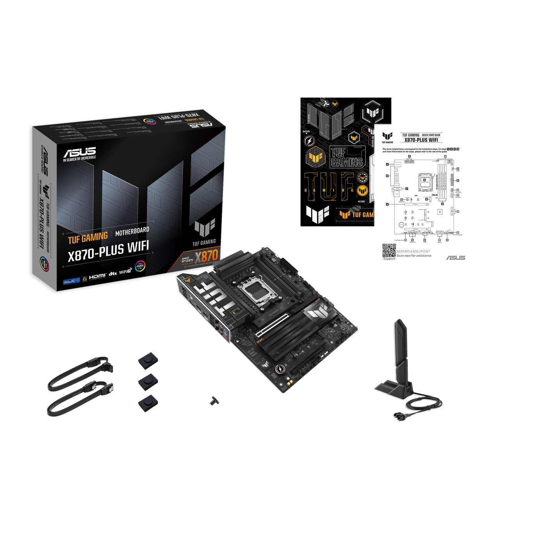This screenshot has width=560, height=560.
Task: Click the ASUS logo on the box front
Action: pos(79,152)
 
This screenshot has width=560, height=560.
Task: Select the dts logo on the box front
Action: pos(112,274)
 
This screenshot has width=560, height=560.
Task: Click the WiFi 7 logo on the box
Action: pos(125,272)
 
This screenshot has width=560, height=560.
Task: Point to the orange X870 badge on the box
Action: pos(206,256)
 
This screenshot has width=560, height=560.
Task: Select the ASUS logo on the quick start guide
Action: pos(455,258)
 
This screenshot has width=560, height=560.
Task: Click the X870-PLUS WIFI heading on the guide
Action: pos(421,140)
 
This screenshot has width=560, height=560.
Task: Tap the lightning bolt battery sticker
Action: pos(309,141)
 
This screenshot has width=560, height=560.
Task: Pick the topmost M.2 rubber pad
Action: pos(148,359)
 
